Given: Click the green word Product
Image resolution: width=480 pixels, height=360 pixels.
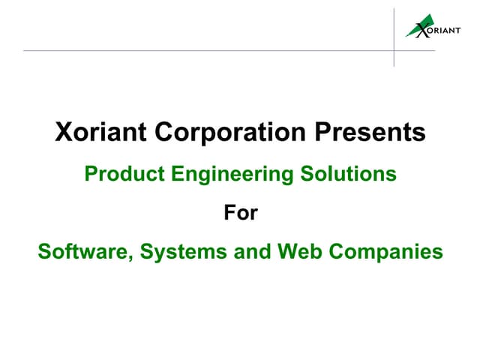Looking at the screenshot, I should pyautogui.click(x=124, y=174).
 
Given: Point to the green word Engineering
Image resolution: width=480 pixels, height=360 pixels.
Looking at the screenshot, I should pyautogui.click(x=230, y=175).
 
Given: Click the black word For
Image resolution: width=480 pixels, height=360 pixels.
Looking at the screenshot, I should pyautogui.click(x=240, y=213).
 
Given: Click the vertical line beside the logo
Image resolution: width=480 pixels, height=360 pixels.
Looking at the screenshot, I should pyautogui.click(x=394, y=22).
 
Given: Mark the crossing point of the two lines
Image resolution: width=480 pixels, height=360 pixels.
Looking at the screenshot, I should pyautogui.click(x=394, y=51).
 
